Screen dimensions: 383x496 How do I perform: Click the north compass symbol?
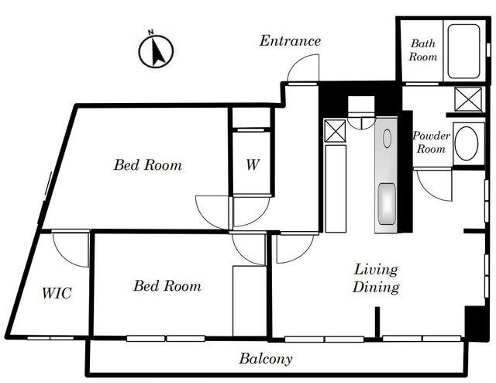[x=155, y=52]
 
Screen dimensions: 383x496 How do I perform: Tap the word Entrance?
[x=290, y=41]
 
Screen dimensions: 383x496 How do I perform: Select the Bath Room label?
[x=424, y=50]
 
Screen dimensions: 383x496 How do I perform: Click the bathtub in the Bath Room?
[x=464, y=51]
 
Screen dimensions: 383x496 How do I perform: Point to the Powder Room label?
[x=431, y=142]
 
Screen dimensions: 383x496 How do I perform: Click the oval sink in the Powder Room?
[x=467, y=143]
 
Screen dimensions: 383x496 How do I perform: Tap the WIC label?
[x=57, y=294]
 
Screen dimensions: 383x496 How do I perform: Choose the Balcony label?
[x=266, y=359]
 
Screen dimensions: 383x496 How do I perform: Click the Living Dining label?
[x=377, y=278]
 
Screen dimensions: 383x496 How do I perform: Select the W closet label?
[x=252, y=165]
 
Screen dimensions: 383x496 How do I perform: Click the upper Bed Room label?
[x=147, y=165]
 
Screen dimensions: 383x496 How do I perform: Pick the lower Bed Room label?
[x=167, y=286]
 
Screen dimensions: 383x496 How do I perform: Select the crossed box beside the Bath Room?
[x=468, y=100]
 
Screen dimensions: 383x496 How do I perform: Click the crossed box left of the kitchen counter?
[x=335, y=130]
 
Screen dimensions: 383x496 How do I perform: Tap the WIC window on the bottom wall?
[x=50, y=338]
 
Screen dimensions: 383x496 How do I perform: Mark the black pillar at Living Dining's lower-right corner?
[x=474, y=323]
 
